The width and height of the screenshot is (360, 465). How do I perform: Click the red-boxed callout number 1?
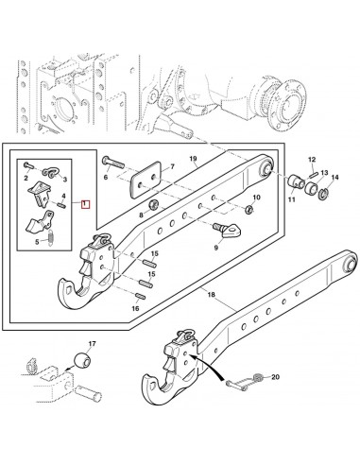point(86,203)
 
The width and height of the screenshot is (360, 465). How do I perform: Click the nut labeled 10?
point(250,208)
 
